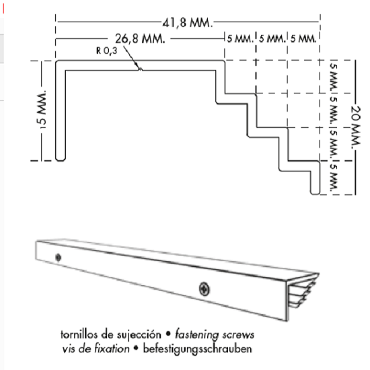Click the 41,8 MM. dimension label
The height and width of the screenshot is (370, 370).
point(188,23)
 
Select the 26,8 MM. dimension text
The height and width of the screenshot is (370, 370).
point(140,38)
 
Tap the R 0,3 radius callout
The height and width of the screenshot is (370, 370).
point(107,50)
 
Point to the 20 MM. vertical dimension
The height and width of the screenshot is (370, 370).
point(356,127)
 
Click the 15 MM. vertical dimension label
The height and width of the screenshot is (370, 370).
point(42,109)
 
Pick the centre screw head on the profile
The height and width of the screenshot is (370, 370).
point(204,289)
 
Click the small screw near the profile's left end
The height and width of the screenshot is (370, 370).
point(58,257)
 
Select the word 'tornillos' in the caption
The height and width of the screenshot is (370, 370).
point(76,334)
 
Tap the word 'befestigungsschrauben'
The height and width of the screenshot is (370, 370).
point(198,349)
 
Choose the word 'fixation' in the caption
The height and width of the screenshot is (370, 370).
point(112,348)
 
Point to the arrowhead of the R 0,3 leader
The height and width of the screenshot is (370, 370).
point(139,68)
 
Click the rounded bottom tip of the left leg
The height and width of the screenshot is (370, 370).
point(61,159)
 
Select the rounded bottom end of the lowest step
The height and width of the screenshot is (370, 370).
point(316,193)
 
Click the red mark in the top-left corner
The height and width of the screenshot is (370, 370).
point(3,9)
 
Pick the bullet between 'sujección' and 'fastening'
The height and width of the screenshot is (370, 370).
point(168,334)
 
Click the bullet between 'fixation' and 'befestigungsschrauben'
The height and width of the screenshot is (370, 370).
point(136,348)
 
